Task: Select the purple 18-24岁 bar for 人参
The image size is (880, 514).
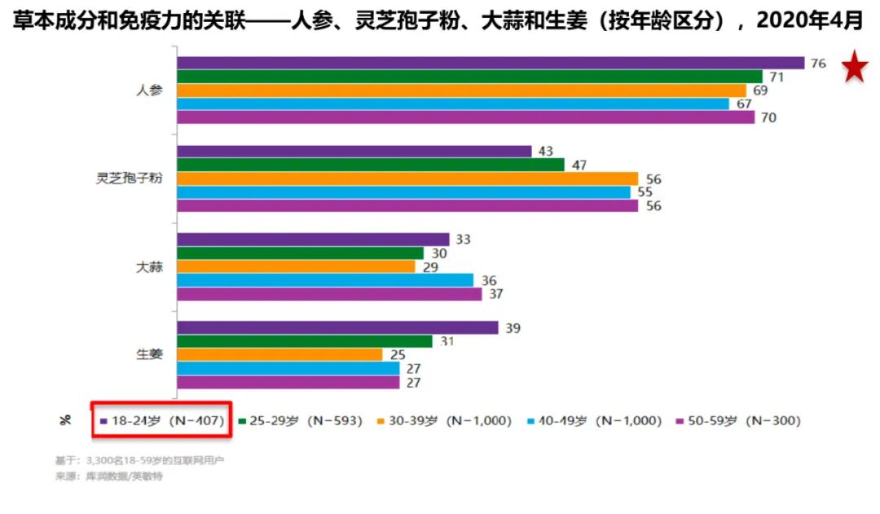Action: [x=490, y=63]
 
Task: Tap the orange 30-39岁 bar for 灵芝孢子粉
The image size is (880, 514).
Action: [x=407, y=179]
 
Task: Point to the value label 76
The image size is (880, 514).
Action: [x=819, y=63]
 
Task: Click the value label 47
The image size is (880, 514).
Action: [x=579, y=165]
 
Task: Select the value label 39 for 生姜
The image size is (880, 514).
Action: [x=513, y=327]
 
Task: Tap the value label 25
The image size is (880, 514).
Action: [x=397, y=355]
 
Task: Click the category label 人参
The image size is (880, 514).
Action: [x=149, y=91]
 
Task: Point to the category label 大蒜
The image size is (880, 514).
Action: [x=149, y=267]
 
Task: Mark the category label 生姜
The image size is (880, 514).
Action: [x=149, y=355]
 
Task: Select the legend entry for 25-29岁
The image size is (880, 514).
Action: [x=301, y=421]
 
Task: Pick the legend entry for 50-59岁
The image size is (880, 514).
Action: [x=738, y=421]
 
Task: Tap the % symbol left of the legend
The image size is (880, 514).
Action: [x=65, y=421]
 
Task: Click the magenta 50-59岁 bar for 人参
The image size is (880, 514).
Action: [x=465, y=117]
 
